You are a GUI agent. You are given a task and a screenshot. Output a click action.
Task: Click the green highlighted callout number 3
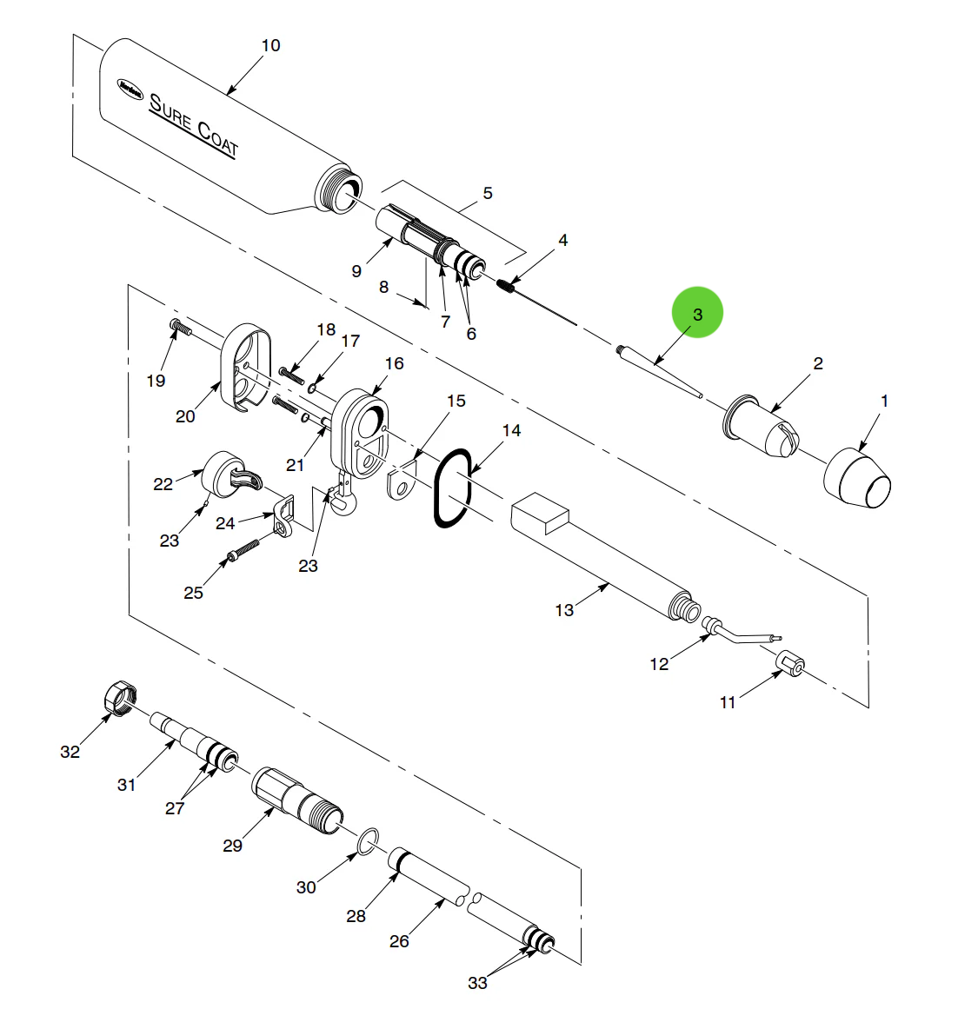696,313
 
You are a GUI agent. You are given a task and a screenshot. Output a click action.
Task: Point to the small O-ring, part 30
369,839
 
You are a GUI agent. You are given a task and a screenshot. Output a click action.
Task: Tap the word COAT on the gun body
217,139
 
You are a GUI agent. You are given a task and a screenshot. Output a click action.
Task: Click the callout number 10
271,45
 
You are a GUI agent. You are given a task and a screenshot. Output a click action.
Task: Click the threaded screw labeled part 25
244,550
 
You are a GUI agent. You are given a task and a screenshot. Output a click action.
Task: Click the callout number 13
564,610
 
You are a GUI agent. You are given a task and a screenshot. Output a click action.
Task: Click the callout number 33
477,983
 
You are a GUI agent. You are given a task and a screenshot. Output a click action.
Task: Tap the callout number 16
394,363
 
